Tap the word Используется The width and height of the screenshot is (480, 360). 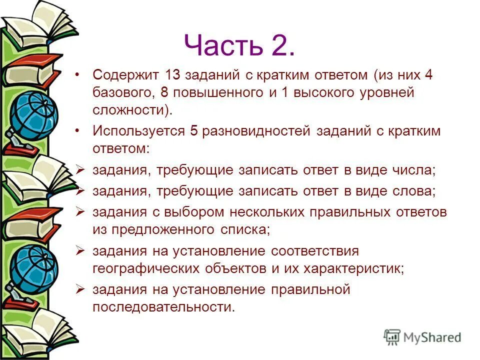[x=138, y=131]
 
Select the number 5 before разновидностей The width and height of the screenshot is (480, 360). [x=194, y=131]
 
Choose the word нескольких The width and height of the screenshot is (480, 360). [x=267, y=212]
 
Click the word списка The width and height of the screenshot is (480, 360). [x=247, y=229]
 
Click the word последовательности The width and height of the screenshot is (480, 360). [x=163, y=306]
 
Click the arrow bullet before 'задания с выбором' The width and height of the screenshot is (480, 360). [x=79, y=211]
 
